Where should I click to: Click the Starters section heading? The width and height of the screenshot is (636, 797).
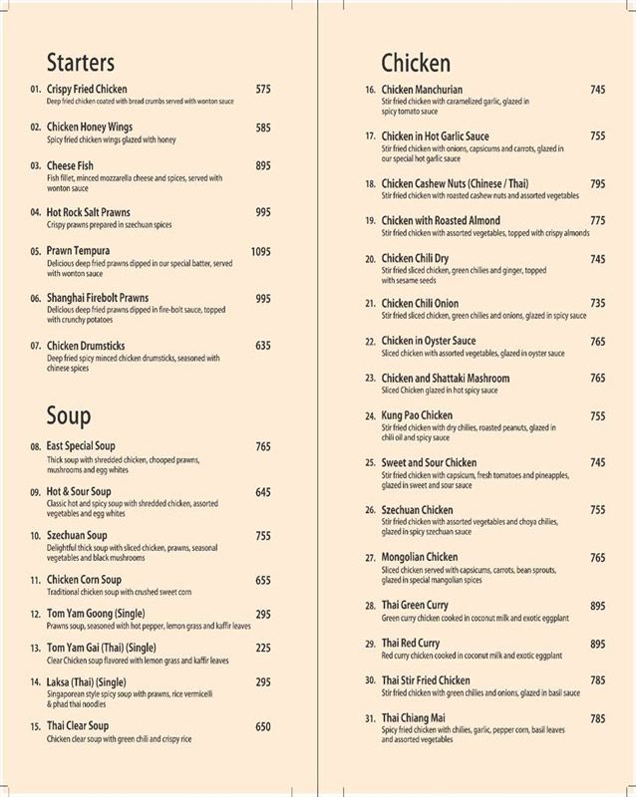80,63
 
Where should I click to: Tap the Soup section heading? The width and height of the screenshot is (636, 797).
69,415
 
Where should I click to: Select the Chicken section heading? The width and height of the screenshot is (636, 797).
416,63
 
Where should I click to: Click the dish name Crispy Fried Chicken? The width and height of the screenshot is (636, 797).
87,90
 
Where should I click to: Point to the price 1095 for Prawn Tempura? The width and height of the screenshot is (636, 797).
260,252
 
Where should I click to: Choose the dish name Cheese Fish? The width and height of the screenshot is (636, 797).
70,165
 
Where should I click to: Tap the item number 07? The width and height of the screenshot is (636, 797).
35,347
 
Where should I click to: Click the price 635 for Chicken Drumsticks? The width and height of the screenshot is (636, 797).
263,346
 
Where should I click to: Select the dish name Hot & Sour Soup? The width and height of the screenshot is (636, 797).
79,492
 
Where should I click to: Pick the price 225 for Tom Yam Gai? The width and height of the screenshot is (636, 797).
263,648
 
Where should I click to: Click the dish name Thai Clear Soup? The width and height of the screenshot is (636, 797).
78,726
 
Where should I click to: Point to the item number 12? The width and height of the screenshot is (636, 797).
35,614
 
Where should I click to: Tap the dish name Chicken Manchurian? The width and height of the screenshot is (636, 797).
422,90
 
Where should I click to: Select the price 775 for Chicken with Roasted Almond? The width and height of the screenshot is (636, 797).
597,220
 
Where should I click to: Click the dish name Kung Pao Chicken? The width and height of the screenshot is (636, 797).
417,415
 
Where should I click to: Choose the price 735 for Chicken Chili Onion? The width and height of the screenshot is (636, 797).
597,303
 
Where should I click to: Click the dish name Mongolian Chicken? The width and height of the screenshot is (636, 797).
420,558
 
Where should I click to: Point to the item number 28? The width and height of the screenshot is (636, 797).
370,606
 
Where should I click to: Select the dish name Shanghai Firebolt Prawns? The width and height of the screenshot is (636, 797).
98,298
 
